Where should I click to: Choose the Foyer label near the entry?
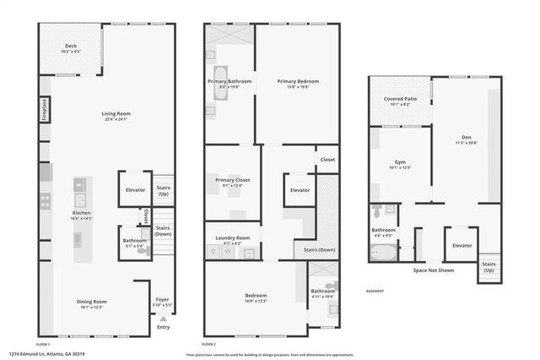click(163, 299)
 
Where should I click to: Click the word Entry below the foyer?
click(163, 327)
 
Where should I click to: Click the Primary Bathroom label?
click(229, 82)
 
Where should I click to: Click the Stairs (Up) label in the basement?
click(489, 265)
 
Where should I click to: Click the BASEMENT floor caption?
click(375, 290)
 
